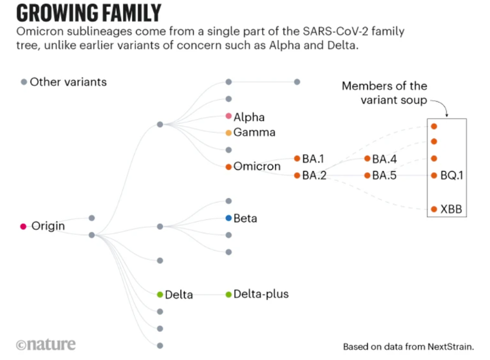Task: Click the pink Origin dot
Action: [23, 226]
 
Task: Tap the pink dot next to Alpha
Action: [229, 117]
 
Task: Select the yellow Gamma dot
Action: [229, 133]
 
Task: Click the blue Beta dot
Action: [229, 218]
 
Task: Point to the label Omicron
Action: [257, 166]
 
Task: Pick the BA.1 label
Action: [313, 159]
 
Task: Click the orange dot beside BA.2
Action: [297, 176]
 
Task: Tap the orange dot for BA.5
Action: [367, 176]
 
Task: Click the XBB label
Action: [451, 209]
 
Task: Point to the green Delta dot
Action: [159, 295]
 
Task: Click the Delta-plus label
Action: [261, 294]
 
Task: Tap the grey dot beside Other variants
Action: [24, 82]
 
